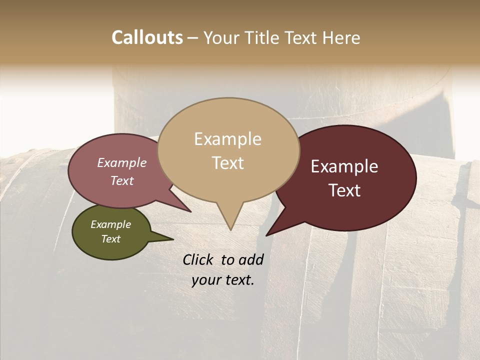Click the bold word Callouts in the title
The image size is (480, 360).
(147, 37)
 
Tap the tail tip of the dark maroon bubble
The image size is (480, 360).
(268, 234)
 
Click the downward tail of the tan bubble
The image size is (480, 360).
(230, 222)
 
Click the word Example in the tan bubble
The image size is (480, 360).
(228, 139)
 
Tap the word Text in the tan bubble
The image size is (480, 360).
(228, 163)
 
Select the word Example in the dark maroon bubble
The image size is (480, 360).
(344, 166)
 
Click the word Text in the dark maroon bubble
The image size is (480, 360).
(345, 190)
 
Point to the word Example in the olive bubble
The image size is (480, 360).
(111, 225)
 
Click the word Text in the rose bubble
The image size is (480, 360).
(122, 181)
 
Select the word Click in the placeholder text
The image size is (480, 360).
(197, 259)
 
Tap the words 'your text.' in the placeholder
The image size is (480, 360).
(223, 280)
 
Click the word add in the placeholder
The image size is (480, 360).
(251, 259)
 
